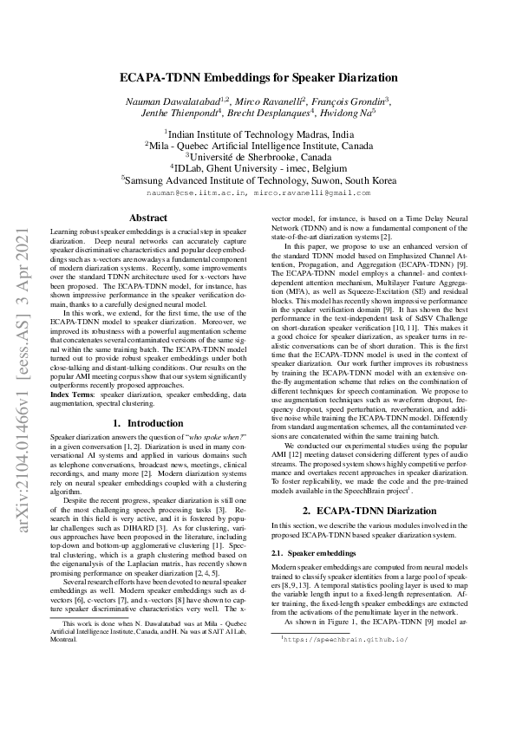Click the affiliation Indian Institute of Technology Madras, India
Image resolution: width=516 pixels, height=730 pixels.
point(259,134)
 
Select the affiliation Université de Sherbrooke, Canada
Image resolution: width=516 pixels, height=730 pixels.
point(259,157)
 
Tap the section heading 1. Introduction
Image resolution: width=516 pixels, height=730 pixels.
point(142,399)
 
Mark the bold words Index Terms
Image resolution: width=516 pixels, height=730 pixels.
point(71,368)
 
